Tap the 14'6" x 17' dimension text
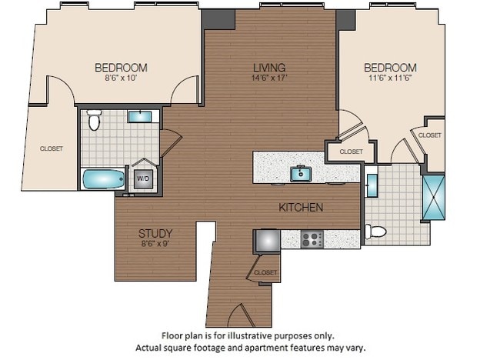point(269,78)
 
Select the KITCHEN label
point(300,207)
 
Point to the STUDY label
point(155,233)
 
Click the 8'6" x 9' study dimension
point(155,244)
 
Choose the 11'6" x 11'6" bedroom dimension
point(390,78)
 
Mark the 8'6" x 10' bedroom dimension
point(121,78)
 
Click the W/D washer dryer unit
point(143,178)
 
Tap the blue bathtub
point(102,179)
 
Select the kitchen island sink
point(299,174)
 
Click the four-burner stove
point(312,238)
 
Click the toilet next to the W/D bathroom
point(94,121)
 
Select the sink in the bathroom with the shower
point(372,185)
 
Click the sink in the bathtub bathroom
point(139,117)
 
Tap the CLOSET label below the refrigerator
point(265,272)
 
